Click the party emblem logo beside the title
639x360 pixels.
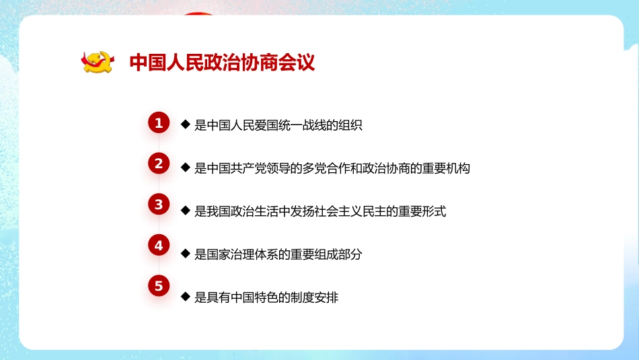(x=98, y=63)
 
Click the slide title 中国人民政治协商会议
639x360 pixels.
(x=222, y=63)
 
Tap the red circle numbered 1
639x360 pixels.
(x=159, y=123)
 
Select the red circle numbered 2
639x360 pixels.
(x=159, y=164)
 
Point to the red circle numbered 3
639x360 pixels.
(x=159, y=205)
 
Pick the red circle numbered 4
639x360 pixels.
(x=159, y=246)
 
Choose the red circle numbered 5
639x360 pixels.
(x=159, y=286)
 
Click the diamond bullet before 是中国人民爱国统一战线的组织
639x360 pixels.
(x=185, y=124)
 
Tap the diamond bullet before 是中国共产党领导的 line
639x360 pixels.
(x=185, y=168)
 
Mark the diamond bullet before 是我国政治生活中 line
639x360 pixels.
(x=185, y=211)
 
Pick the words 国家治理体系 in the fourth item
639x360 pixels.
(x=243, y=254)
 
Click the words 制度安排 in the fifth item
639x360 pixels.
(x=313, y=297)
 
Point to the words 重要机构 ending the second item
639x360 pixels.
(x=445, y=168)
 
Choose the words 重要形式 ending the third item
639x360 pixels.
(x=421, y=211)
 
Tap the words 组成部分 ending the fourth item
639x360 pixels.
(x=339, y=254)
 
